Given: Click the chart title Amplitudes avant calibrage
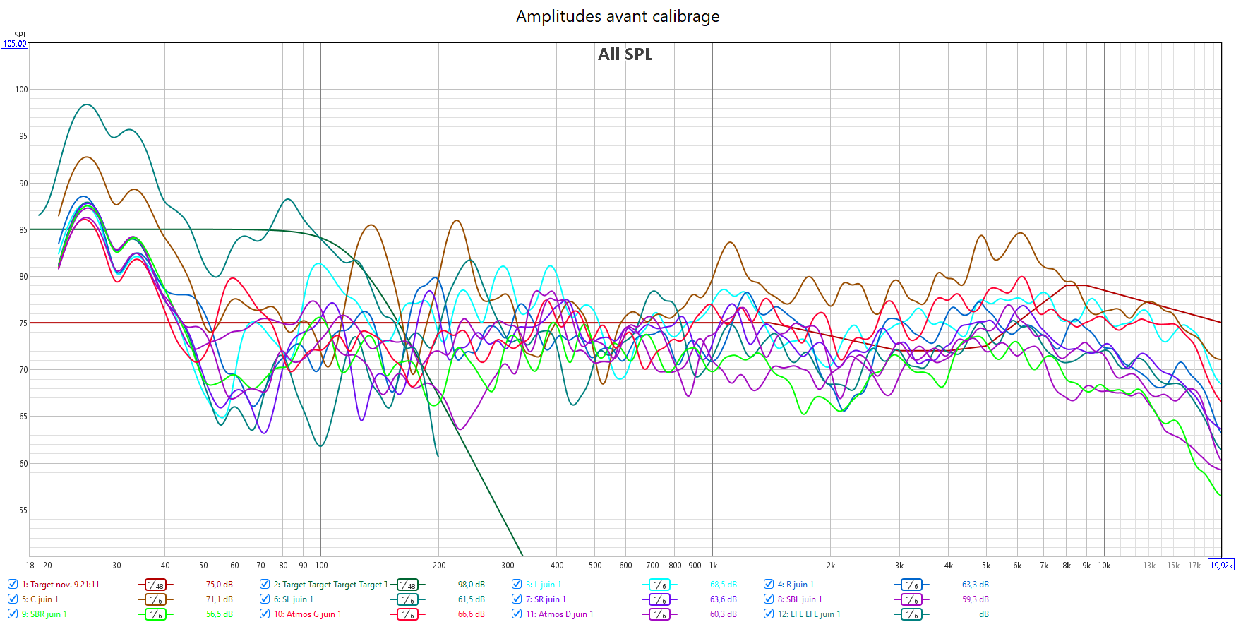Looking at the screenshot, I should pos(618,16).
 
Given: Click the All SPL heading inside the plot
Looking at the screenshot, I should pos(625,54).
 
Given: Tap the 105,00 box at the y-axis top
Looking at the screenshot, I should pos(14,44).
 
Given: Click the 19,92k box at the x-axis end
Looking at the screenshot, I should pos(1221,565).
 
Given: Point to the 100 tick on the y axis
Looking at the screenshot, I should pos(21,90).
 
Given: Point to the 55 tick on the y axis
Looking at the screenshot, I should pos(23,510).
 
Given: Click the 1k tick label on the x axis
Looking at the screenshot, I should pos(713,566).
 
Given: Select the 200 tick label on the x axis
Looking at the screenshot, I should pos(439,566).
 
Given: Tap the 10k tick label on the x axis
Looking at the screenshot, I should pos(1104,566).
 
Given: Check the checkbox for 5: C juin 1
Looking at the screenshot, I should pos(13,599).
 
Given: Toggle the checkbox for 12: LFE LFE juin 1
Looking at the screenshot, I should pos(769,614).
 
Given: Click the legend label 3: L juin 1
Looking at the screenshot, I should pos(543,585).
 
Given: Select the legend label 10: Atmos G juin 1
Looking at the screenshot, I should pos(307,614).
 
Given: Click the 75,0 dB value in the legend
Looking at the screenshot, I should pos(219,585).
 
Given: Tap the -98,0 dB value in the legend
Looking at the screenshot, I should pos(469,585).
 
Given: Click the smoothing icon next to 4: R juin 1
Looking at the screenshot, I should pos(912,585).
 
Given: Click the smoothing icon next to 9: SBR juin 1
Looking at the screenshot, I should pos(155,614).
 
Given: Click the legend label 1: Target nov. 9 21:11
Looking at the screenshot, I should pos(61,585).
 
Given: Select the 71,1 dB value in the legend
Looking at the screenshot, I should pos(219,599).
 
